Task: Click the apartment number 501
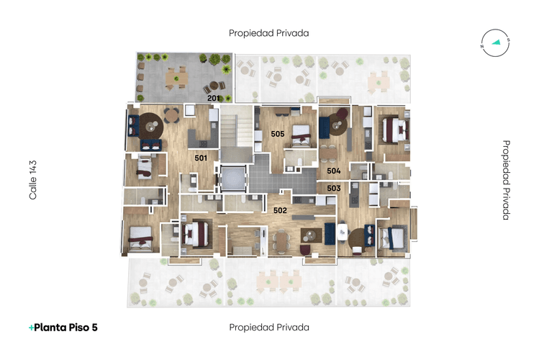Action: [201, 157]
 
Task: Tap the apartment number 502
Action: [280, 210]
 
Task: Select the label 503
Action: [333, 188]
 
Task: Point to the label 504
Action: [333, 171]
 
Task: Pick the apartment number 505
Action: [277, 134]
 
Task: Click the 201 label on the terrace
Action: [213, 97]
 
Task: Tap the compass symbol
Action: [495, 42]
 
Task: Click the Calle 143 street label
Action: [32, 180]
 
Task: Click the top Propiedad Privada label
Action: [268, 33]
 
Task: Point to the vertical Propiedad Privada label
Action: [506, 180]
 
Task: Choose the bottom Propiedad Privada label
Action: [268, 327]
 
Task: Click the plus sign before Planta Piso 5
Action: [31, 327]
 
